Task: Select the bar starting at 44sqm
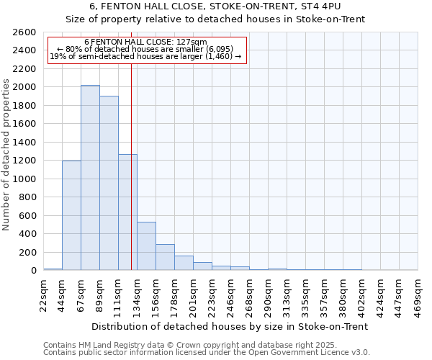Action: (71, 215)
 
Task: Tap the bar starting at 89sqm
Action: (109, 183)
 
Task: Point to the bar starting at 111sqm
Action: (127, 212)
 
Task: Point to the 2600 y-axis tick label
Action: (24, 32)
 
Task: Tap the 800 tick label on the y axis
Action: (27, 197)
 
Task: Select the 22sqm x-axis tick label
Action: (43, 293)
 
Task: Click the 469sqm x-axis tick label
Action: (418, 293)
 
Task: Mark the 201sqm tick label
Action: (193, 293)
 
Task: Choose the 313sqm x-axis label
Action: (287, 293)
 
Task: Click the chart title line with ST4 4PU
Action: (215, 6)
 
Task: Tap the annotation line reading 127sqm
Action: (145, 42)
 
